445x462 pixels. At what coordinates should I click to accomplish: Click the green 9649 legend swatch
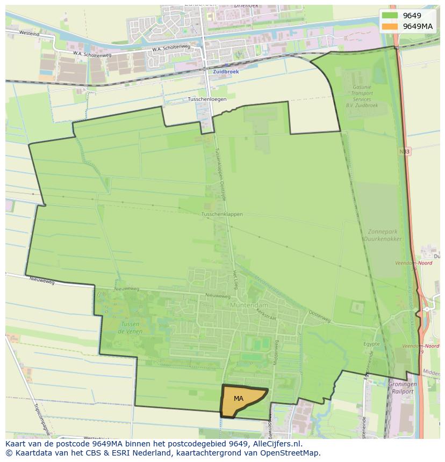[390, 16]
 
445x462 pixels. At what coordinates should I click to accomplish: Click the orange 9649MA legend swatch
[390, 26]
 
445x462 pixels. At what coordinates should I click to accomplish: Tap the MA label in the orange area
[239, 399]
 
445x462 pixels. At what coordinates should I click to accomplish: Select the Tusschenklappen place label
[222, 214]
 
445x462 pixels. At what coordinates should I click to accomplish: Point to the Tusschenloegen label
[207, 99]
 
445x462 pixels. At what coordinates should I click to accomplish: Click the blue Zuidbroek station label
[226, 71]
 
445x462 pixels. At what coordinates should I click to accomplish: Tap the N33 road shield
[405, 152]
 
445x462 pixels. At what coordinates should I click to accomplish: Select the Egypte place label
[371, 344]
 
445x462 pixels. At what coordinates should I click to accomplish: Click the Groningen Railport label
[401, 388]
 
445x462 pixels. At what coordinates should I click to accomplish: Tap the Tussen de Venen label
[130, 328]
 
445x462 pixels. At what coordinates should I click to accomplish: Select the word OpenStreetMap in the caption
[290, 453]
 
